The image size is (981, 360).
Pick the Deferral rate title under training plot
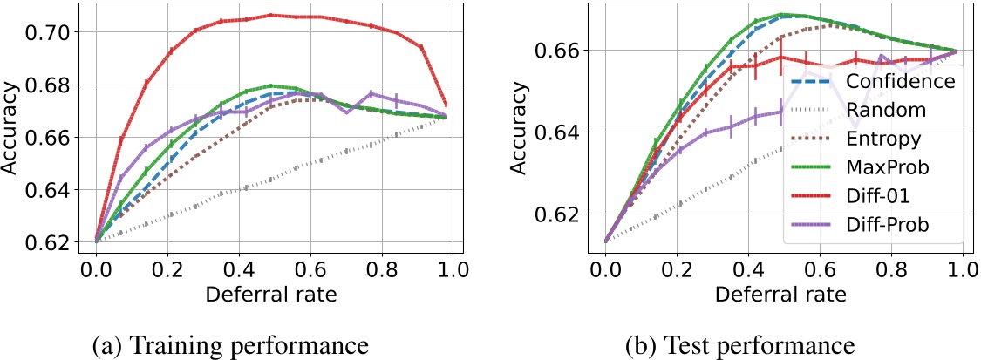click(270, 295)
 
